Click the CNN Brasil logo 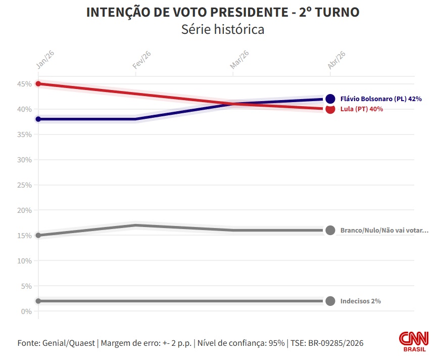[414, 341]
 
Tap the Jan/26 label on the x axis [45, 60]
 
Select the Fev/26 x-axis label [141, 60]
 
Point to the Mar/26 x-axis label [239, 60]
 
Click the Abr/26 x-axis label [336, 60]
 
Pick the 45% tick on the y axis [26, 84]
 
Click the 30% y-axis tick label [26, 160]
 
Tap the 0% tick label [27, 311]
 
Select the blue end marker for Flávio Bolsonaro [330, 99]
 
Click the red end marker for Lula [330, 109]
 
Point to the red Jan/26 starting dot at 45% [38, 84]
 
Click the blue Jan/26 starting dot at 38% [38, 119]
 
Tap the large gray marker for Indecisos [330, 301]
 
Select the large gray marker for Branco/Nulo [330, 231]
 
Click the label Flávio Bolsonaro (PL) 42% [381, 99]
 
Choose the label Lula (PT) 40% [362, 109]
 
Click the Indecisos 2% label [360, 301]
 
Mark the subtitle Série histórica [223, 29]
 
